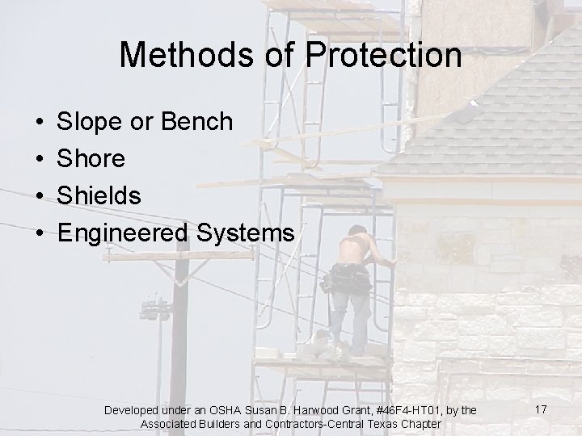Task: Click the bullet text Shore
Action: coord(91,159)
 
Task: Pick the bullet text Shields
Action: coord(99,195)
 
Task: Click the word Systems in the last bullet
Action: coord(253,233)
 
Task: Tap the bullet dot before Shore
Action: coord(39,159)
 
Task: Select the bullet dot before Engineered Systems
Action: coord(39,233)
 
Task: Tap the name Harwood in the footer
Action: coord(318,411)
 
